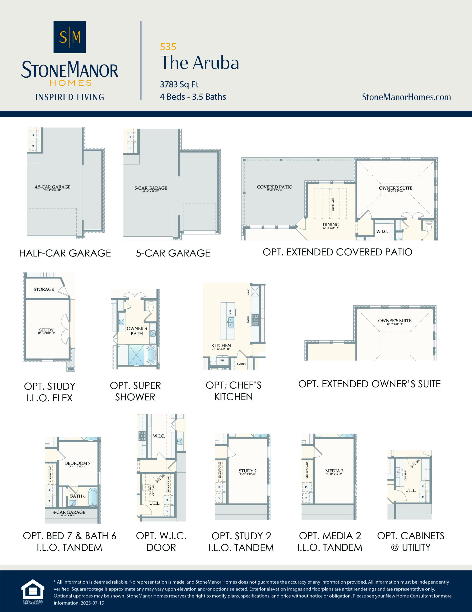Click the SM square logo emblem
[x=69, y=37]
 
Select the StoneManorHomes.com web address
[x=406, y=97]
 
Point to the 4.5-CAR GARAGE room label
[x=52, y=187]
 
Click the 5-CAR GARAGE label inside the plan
[x=151, y=188]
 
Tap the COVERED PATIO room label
[x=274, y=187]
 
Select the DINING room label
[x=331, y=225]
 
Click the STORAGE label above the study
[x=44, y=289]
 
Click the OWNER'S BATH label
[x=136, y=331]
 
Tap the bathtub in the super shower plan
[x=151, y=355]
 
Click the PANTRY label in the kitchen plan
[x=241, y=364]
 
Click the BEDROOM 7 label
[x=78, y=463]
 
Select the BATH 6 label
[x=78, y=496]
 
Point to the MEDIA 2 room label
[x=334, y=471]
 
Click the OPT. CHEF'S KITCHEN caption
[x=233, y=391]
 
